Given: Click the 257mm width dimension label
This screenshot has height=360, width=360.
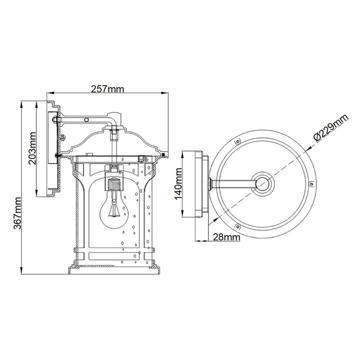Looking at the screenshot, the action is coord(107,89).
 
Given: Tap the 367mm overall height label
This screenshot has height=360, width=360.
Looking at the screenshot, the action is coord(17,213).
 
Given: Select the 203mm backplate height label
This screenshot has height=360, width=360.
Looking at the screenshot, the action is coord(32,148).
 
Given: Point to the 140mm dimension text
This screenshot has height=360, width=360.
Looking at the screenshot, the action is coord(178,183).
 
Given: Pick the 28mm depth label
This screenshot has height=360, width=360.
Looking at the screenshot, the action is coord(226,237).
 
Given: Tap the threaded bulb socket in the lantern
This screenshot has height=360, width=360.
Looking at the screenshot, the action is coord(114,184).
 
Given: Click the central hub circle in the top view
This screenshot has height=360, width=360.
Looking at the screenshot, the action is coord(262,183).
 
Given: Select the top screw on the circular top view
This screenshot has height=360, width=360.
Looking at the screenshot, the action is coord(238,141).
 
